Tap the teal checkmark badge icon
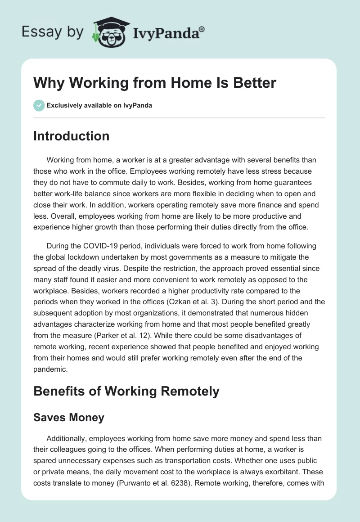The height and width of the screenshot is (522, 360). coord(39,105)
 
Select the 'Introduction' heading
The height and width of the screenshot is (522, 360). coord(71,136)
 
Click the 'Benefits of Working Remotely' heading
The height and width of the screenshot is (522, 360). coord(126,391)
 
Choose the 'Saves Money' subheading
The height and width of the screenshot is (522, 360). coord(68,417)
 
